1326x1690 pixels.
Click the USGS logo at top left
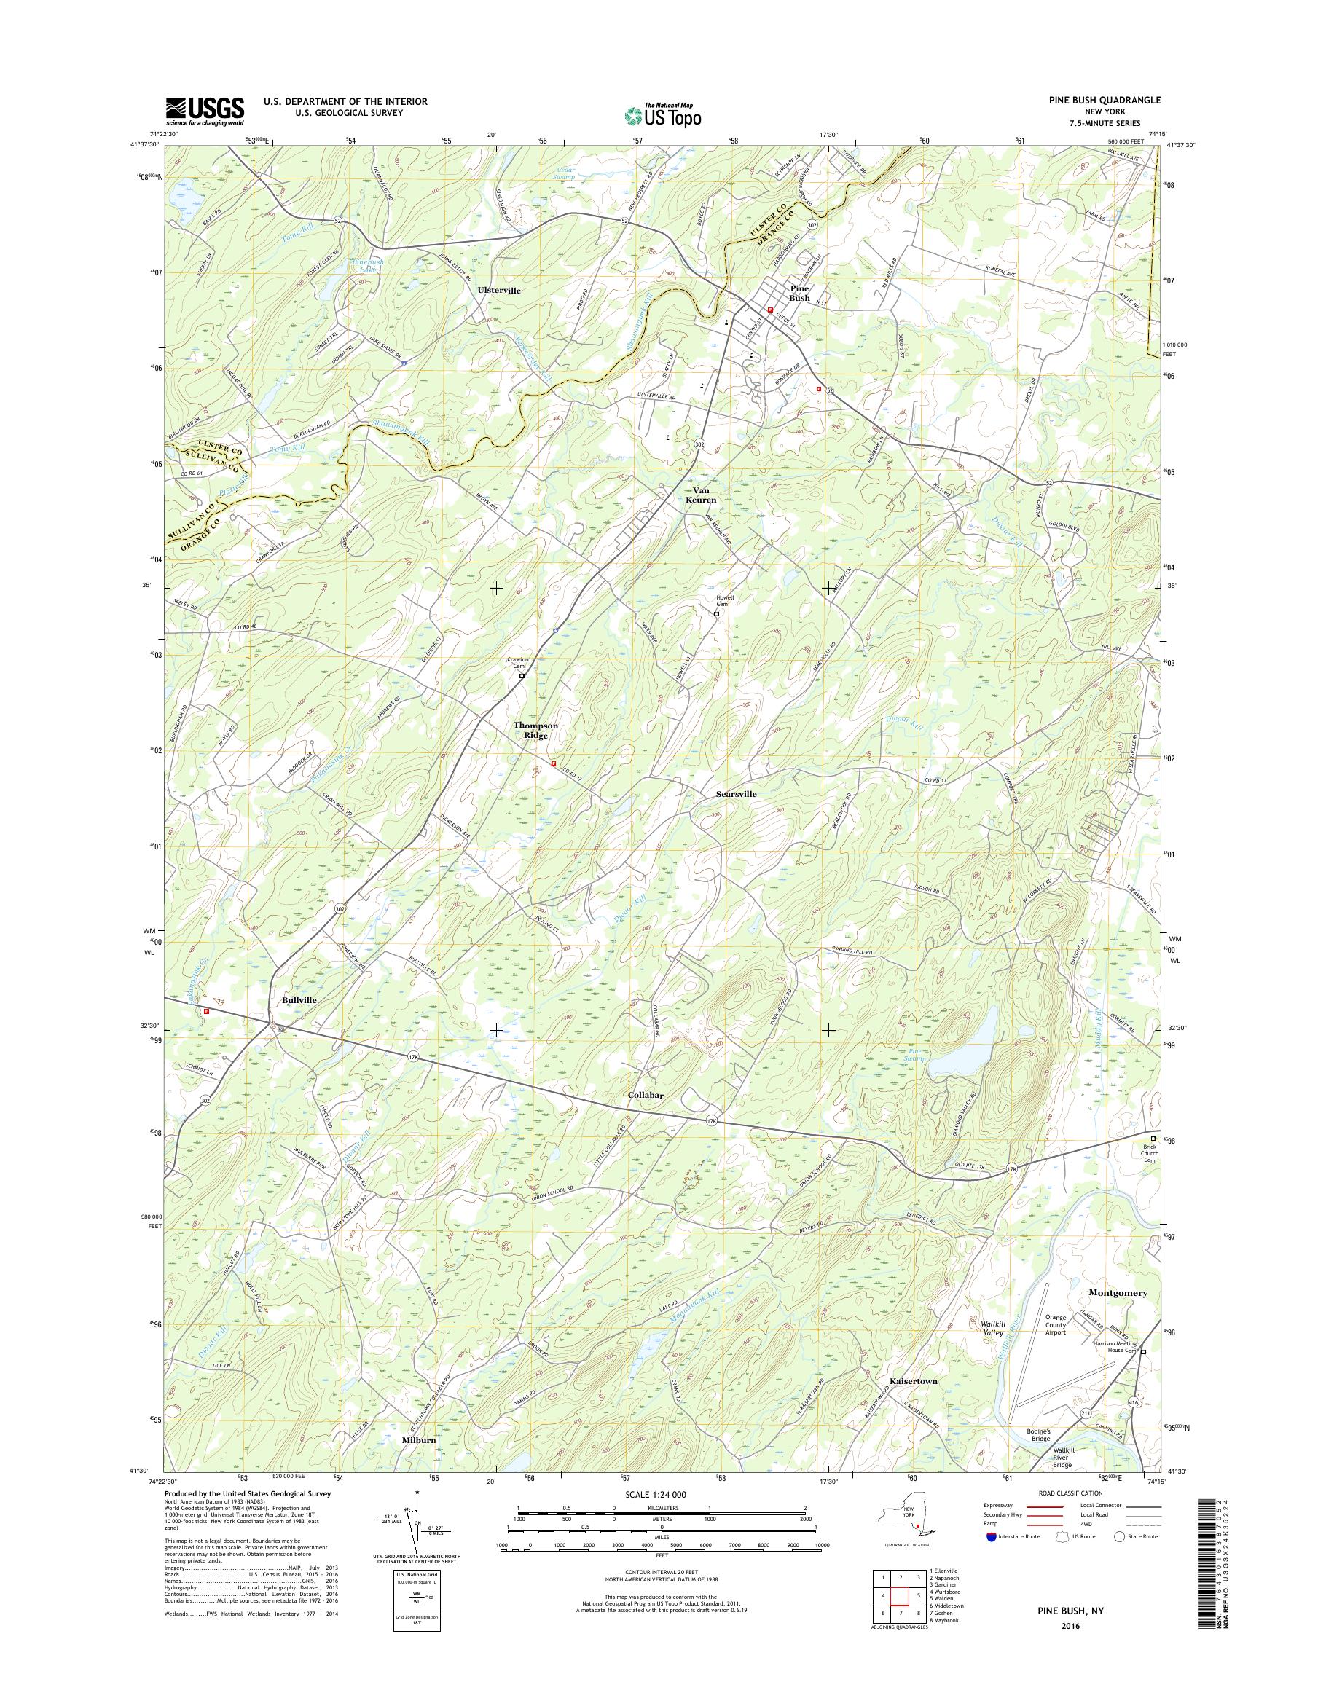point(204,111)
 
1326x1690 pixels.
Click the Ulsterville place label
point(498,290)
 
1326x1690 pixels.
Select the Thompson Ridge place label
point(535,730)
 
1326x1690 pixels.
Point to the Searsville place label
point(736,794)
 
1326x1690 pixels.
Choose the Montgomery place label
point(1117,1292)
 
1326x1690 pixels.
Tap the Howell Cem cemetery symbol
point(717,613)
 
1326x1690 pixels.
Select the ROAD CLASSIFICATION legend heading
point(1072,1493)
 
